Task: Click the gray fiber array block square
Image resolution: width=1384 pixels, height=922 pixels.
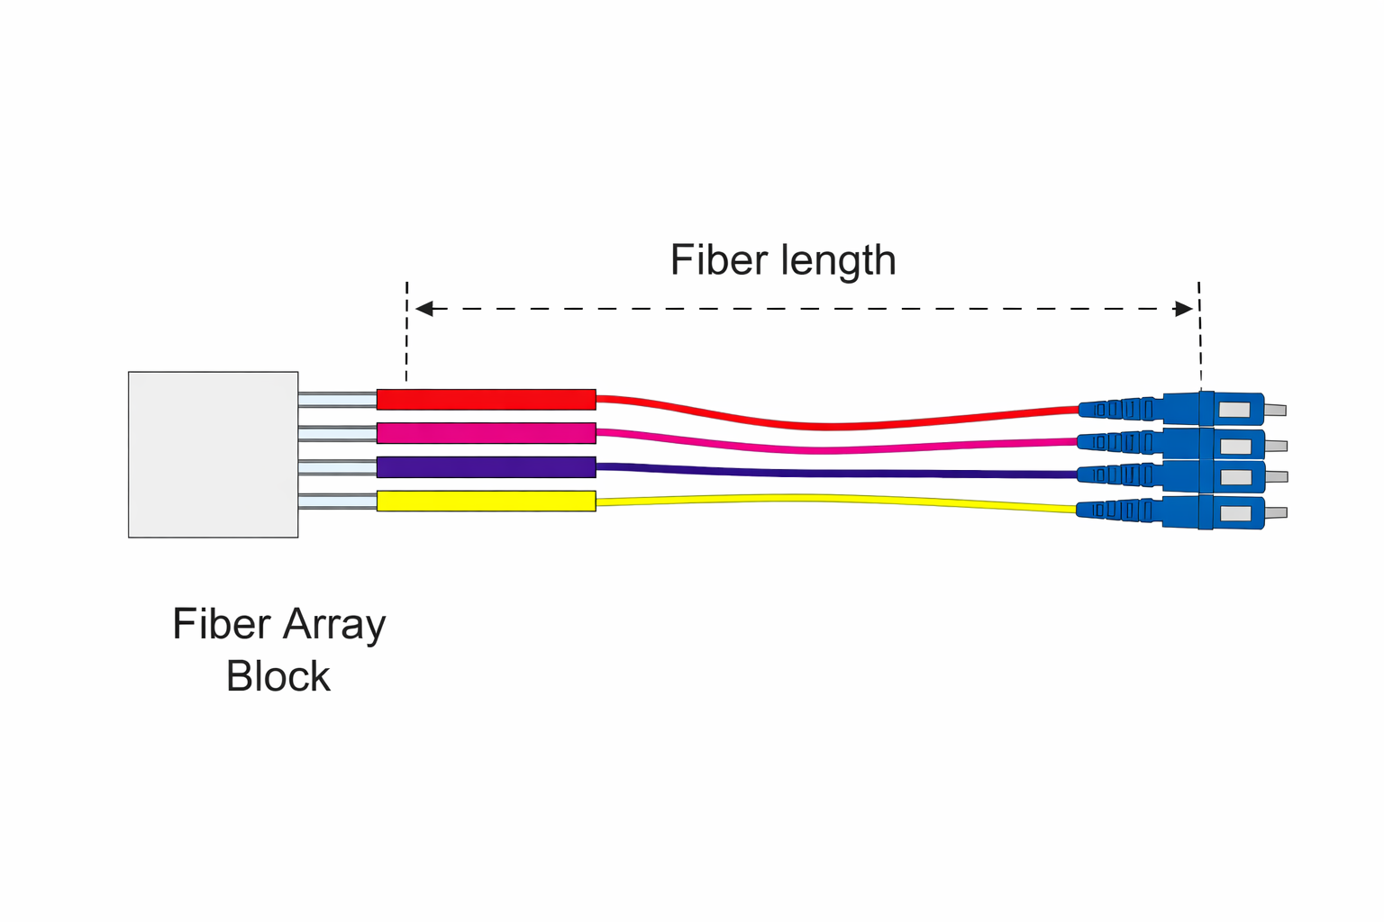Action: (213, 454)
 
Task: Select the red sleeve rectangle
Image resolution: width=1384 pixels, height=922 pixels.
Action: (486, 399)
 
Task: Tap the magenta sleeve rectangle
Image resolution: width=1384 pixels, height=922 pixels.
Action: (486, 433)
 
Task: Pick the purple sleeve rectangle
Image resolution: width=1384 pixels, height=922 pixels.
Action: (486, 467)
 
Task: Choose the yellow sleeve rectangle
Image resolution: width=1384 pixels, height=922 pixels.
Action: (486, 501)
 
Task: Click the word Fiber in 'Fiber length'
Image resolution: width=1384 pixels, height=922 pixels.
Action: (718, 260)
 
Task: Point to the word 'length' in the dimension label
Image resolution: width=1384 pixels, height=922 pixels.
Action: (838, 262)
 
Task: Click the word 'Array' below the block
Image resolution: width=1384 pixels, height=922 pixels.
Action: (334, 625)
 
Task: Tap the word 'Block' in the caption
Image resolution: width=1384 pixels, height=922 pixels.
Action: (278, 676)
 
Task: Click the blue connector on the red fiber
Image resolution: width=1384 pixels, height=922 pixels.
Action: (1171, 409)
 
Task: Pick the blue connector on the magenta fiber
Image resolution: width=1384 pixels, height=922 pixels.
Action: (1171, 443)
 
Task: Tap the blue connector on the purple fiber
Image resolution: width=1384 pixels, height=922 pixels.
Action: (1171, 475)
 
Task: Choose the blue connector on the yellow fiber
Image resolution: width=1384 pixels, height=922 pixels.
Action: (1171, 511)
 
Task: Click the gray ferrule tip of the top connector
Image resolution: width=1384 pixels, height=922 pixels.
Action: (1275, 411)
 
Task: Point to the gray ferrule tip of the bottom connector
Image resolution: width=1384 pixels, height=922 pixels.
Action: (1276, 513)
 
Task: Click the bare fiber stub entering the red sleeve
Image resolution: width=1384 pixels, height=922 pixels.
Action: (337, 399)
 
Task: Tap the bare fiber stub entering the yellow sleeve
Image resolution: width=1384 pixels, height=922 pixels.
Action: (337, 501)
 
